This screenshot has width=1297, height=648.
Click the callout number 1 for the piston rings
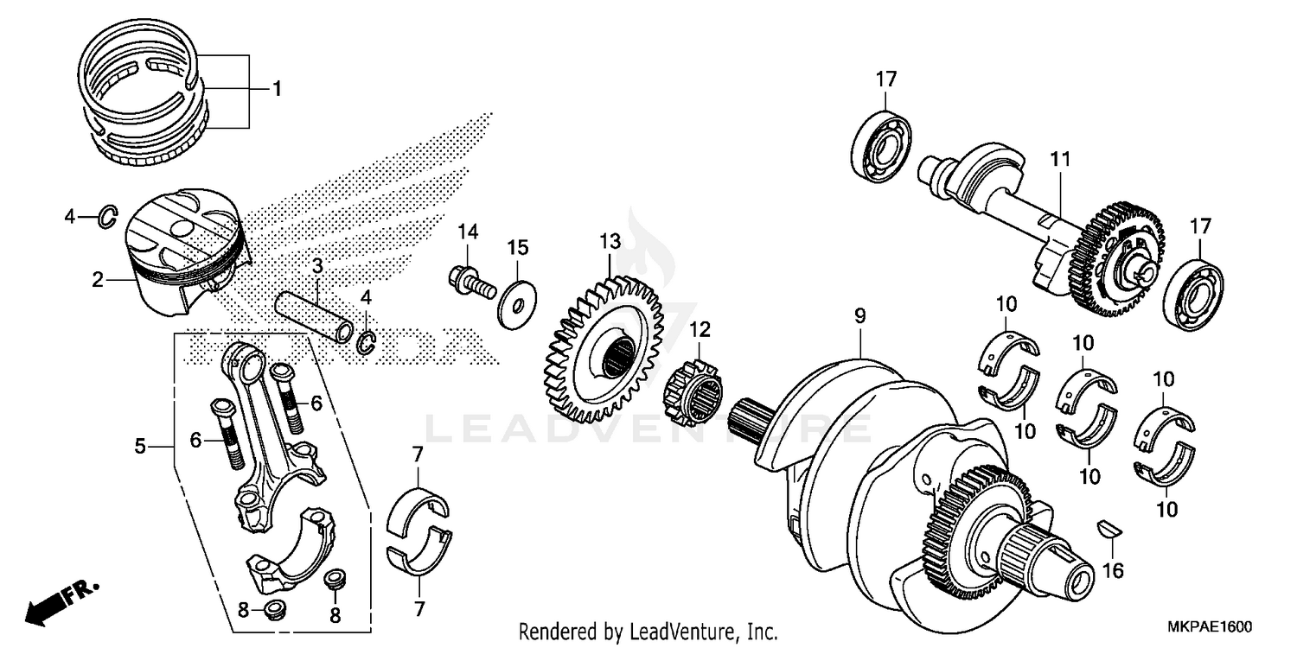tap(277, 88)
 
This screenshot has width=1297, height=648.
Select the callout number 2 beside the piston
tap(98, 279)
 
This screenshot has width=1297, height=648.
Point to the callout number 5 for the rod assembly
tap(140, 446)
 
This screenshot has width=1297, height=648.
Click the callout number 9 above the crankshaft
tap(859, 317)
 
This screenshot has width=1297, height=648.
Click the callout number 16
tap(1115, 570)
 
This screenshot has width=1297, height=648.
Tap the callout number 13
tap(610, 239)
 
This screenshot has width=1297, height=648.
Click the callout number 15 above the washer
tap(517, 248)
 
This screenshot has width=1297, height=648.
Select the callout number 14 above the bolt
tap(468, 232)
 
